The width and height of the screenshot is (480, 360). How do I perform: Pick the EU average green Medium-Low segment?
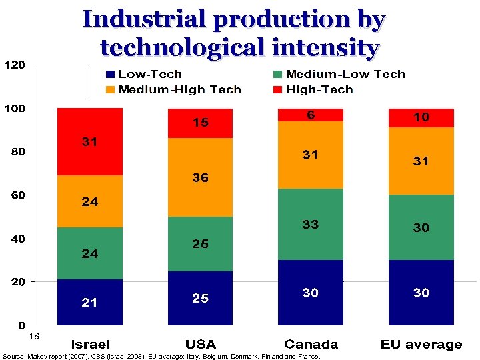click(421, 227)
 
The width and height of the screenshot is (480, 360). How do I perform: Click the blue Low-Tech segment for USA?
click(200, 299)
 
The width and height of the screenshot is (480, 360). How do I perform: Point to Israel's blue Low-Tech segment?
click(90, 303)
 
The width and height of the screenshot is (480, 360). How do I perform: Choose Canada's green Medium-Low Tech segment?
click(311, 225)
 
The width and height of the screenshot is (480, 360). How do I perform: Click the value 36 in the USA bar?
click(200, 178)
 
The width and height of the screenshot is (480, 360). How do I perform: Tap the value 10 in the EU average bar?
click(421, 117)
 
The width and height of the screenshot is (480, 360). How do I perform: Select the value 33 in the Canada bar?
click(311, 225)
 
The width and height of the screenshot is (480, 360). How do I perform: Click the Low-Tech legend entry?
click(144, 75)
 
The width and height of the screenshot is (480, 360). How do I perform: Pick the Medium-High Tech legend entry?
click(173, 90)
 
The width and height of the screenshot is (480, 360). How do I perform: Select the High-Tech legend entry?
click(313, 90)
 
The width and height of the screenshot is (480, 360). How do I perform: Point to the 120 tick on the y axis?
click(15, 65)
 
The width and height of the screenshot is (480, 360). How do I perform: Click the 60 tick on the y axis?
click(15, 195)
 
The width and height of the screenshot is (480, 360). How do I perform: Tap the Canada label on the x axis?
click(311, 345)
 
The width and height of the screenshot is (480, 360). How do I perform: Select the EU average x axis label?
click(421, 345)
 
